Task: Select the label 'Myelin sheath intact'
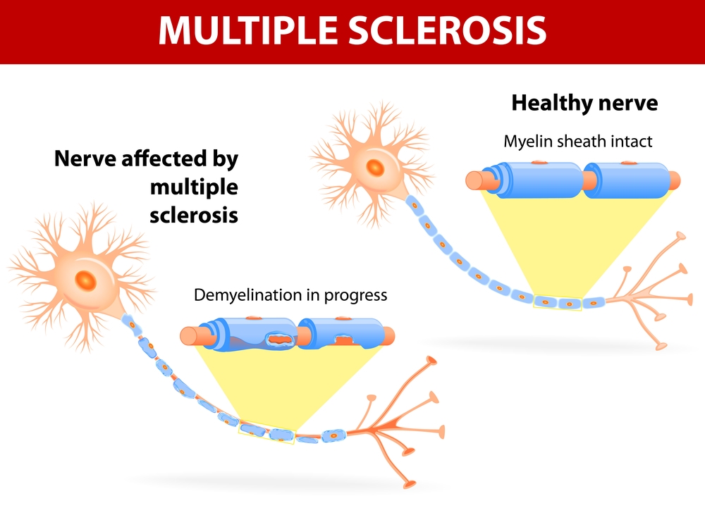(577, 141)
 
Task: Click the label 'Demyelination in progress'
(290, 294)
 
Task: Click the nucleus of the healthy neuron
(375, 168)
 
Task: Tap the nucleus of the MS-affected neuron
(86, 281)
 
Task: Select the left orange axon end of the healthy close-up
(474, 180)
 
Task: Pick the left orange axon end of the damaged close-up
(189, 337)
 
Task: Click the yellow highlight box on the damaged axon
(267, 431)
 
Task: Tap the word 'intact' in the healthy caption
(632, 141)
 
